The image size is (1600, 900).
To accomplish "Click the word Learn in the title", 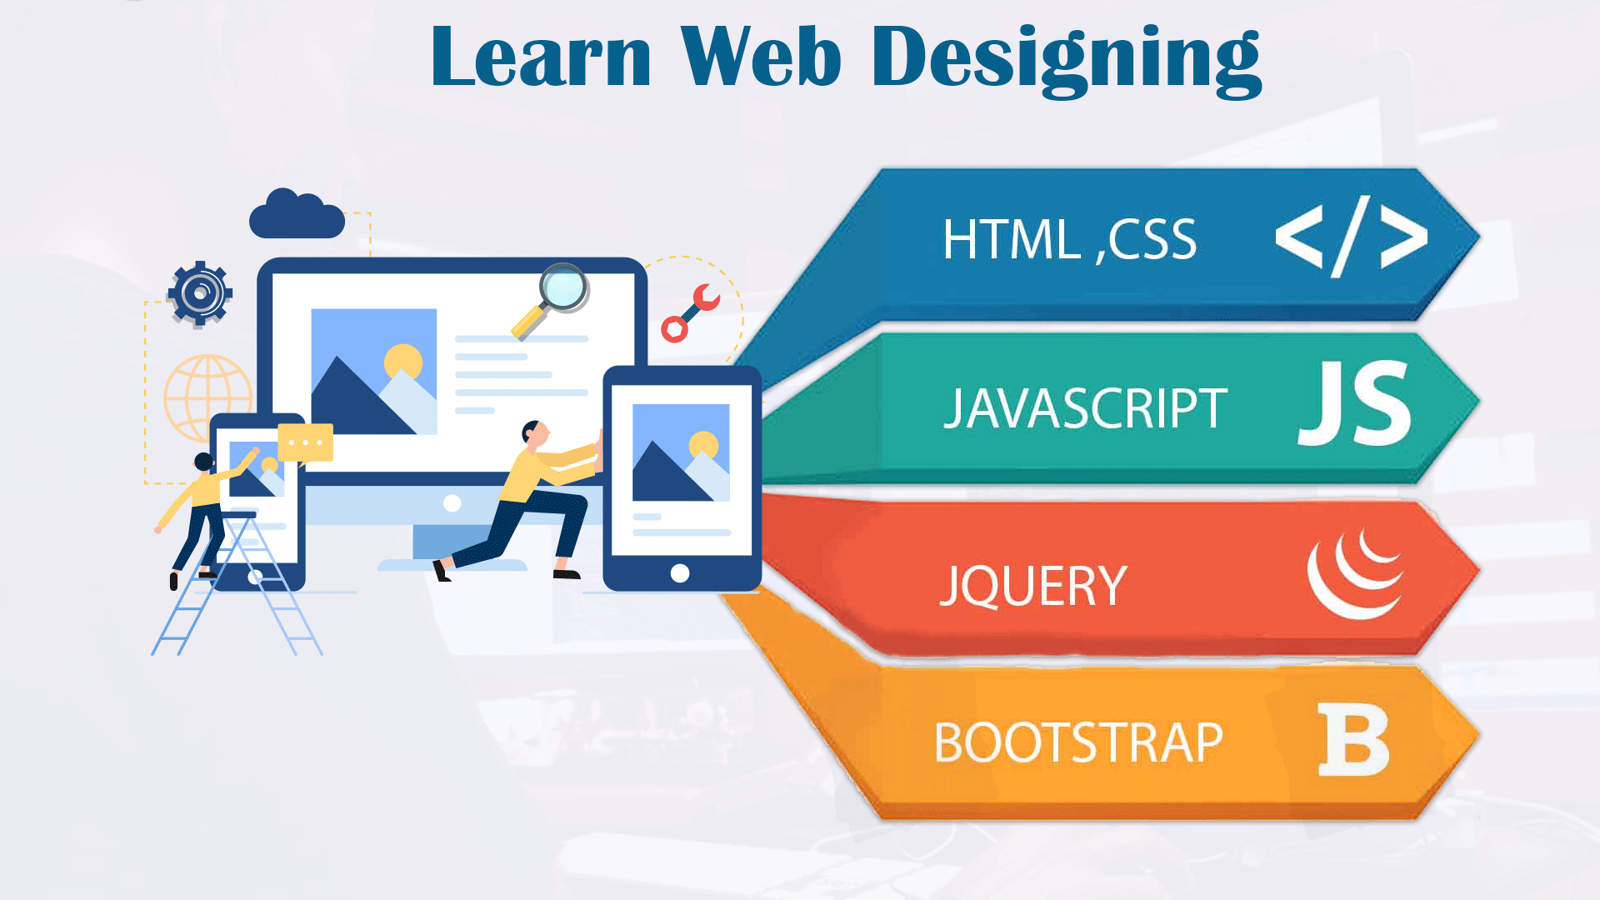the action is point(541,56).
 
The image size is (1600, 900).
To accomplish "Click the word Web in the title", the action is point(761,56).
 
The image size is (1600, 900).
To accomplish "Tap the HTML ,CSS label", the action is point(1069,240).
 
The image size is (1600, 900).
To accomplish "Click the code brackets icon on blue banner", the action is point(1352,237).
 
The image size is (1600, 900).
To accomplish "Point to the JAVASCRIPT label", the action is point(1085,408).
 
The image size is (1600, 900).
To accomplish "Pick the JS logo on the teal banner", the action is point(1355,403).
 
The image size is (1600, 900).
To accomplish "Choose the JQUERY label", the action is point(1033,586).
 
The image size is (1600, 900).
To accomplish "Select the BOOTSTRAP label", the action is point(1078,742).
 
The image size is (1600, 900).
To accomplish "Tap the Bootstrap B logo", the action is point(1354,740).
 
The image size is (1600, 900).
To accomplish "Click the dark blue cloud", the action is point(297,214).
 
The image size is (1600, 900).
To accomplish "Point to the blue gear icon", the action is point(200,293).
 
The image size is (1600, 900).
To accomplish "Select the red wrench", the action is point(690,312).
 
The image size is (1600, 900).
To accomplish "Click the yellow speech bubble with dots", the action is point(305,442).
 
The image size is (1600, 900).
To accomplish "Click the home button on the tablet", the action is point(680,573).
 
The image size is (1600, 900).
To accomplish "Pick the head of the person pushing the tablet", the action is point(534,433).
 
